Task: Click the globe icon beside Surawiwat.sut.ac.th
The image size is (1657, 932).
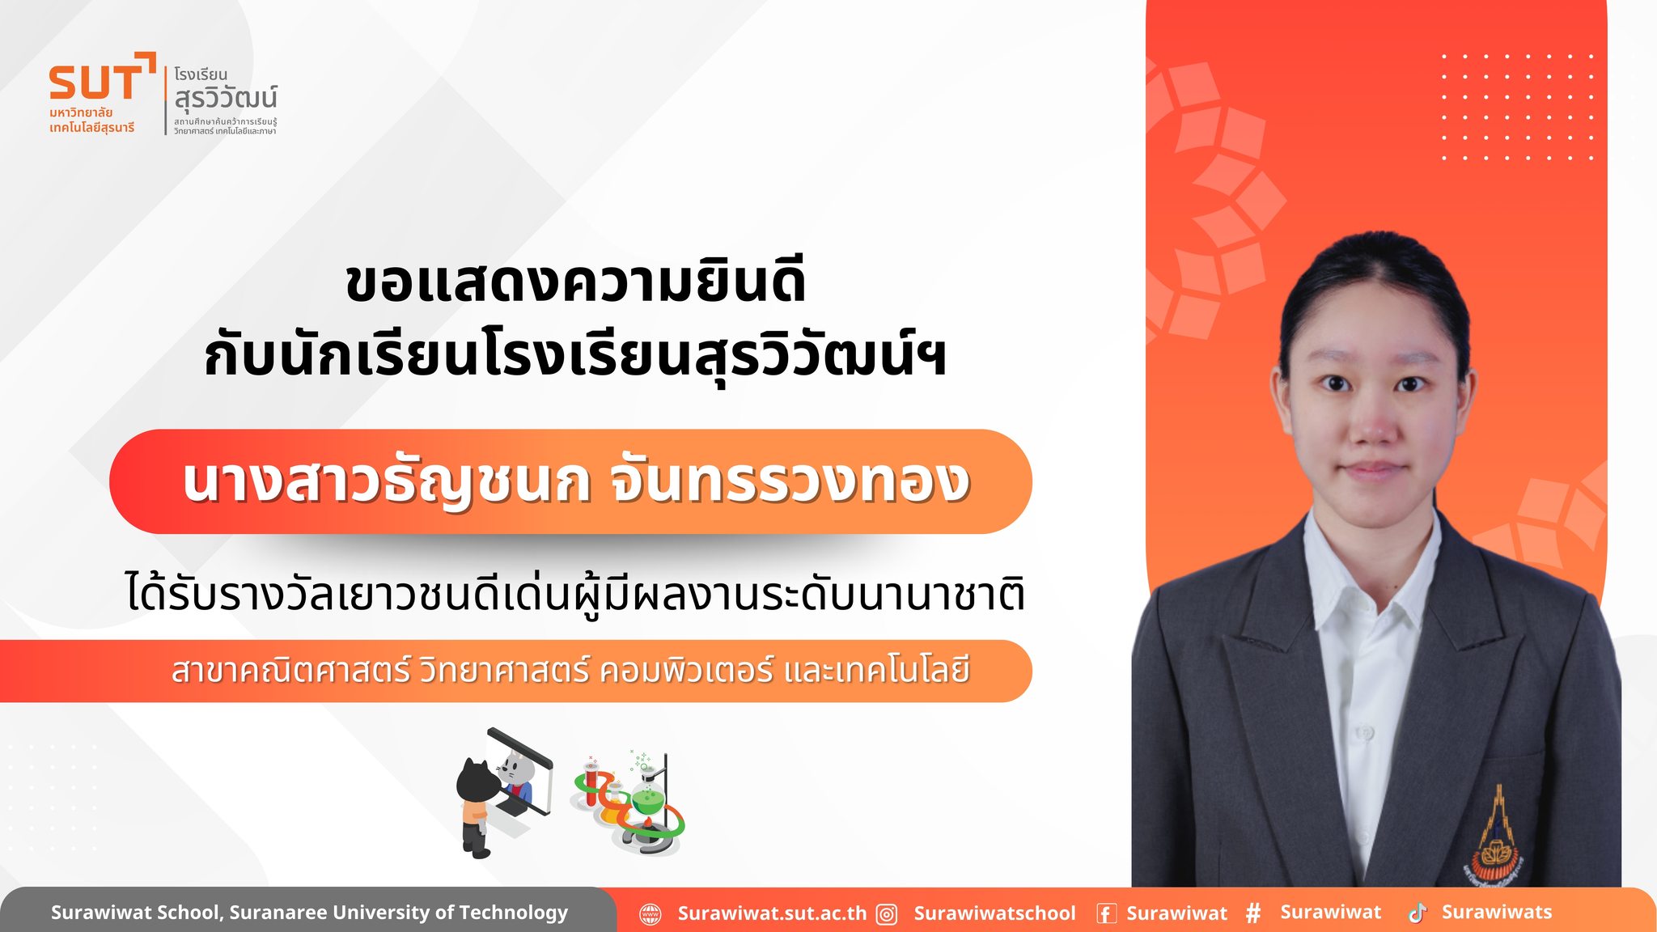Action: click(651, 914)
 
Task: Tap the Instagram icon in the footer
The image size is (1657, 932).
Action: click(888, 914)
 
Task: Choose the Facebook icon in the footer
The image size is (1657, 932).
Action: click(1106, 914)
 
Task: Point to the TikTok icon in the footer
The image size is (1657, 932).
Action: click(1417, 913)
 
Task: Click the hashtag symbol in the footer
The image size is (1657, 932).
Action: click(1253, 913)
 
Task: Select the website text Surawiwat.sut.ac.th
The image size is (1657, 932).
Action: click(772, 913)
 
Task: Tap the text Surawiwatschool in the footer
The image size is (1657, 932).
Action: click(995, 913)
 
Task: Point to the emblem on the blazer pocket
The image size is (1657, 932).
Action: click(1498, 837)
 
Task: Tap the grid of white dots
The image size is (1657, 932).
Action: click(1517, 107)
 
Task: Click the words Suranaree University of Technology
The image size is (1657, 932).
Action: click(399, 913)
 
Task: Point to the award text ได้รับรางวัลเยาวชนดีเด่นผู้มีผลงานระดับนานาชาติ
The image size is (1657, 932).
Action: click(575, 592)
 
